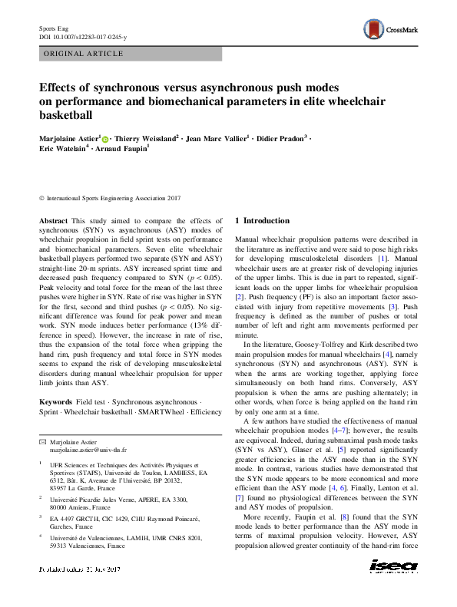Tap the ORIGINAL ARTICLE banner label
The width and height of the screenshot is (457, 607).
coord(84,54)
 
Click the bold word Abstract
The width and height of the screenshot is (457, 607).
coord(53,220)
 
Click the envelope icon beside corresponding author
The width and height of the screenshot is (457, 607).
coord(43,441)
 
